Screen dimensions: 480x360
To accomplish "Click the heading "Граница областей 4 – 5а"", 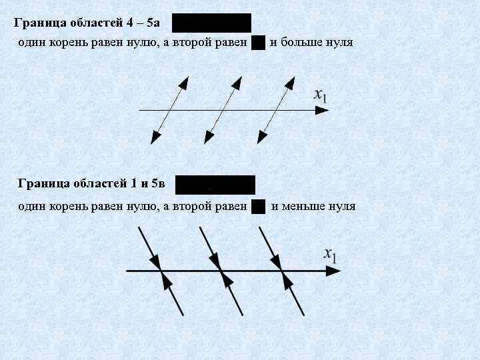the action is tap(87, 23).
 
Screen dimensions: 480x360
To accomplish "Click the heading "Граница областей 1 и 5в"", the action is tap(91, 183).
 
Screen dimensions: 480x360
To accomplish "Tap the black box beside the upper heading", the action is tap(211, 23).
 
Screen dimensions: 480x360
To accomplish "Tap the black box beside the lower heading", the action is tap(215, 185).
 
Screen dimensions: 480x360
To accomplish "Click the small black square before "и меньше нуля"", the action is tap(259, 206).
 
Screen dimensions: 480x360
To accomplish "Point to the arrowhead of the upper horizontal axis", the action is tap(321, 110).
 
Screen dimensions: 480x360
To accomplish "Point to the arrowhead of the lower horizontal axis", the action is tap(333, 271).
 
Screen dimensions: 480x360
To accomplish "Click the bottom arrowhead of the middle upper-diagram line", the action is tap(209, 137).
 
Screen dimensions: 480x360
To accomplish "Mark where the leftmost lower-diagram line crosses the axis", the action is tap(161, 271).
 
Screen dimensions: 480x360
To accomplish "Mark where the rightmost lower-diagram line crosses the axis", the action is tap(282, 271).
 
